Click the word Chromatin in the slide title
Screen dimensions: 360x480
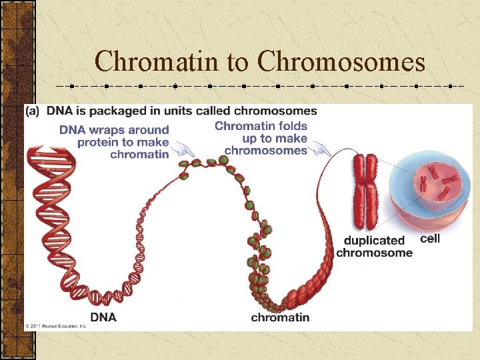point(157,62)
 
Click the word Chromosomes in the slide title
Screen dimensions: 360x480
point(341,62)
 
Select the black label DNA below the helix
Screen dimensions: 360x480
point(103,317)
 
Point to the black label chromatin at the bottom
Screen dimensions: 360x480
point(280,317)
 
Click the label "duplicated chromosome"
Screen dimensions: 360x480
point(374,246)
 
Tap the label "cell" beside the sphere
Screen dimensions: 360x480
point(431,238)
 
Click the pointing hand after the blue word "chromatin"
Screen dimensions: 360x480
point(181,150)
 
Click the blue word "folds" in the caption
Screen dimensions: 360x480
point(291,126)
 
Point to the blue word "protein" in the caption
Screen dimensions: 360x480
point(99,142)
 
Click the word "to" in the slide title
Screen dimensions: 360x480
point(237,62)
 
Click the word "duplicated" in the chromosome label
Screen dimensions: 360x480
point(374,240)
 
